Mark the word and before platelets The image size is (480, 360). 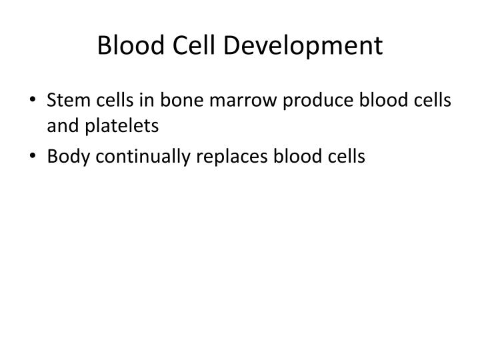(x=60, y=124)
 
